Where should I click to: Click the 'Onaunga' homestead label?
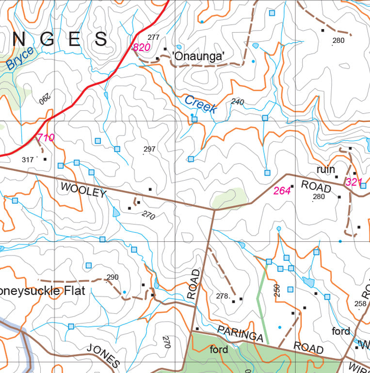(199, 57)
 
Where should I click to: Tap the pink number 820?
(141, 48)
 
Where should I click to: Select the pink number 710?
(46, 138)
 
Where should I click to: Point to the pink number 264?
(282, 191)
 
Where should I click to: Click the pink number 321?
(354, 182)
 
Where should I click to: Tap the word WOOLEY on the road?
(83, 189)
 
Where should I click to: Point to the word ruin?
(325, 170)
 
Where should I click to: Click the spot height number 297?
(149, 149)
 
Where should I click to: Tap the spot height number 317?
(28, 159)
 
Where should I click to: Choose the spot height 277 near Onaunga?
(154, 37)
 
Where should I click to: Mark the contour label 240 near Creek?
(238, 102)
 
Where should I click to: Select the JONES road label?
(103, 355)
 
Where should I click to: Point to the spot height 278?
(222, 296)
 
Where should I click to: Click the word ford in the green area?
(219, 349)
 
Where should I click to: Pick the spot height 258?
(360, 304)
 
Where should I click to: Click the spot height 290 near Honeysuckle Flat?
(113, 277)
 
